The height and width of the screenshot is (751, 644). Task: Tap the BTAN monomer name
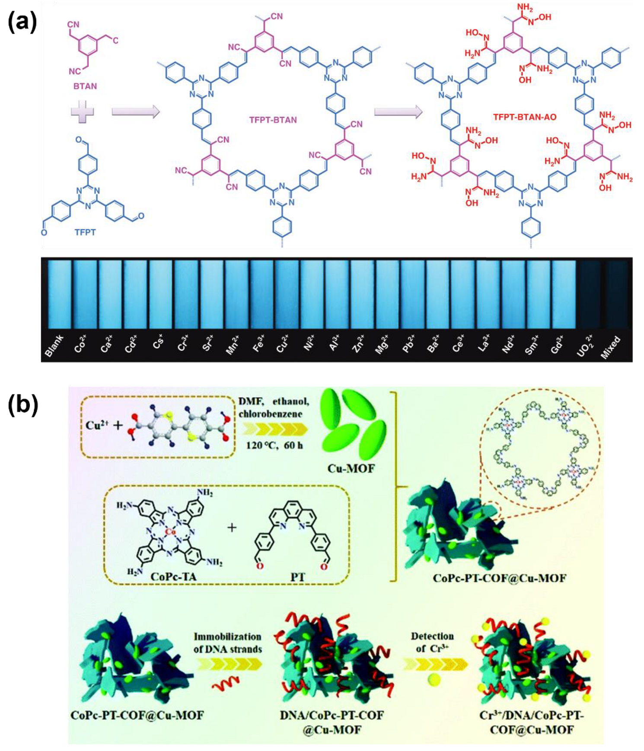85,86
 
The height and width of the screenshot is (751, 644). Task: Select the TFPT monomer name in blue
85,232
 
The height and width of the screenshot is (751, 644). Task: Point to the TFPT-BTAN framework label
273,120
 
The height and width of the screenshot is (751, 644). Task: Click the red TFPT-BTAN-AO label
525,117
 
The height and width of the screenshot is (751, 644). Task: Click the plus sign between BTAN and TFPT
83,112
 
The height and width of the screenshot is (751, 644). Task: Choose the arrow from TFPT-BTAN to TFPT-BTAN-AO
397,112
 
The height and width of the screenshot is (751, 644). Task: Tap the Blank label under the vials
54,346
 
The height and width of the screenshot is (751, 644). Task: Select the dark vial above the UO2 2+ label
589,294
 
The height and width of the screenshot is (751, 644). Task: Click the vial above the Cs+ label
161,294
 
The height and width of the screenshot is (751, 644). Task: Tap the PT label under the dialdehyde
298,576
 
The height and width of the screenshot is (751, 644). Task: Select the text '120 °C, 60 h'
274,445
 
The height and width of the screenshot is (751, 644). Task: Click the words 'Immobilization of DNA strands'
227,643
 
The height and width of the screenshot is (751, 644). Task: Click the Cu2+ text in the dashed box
97,425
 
